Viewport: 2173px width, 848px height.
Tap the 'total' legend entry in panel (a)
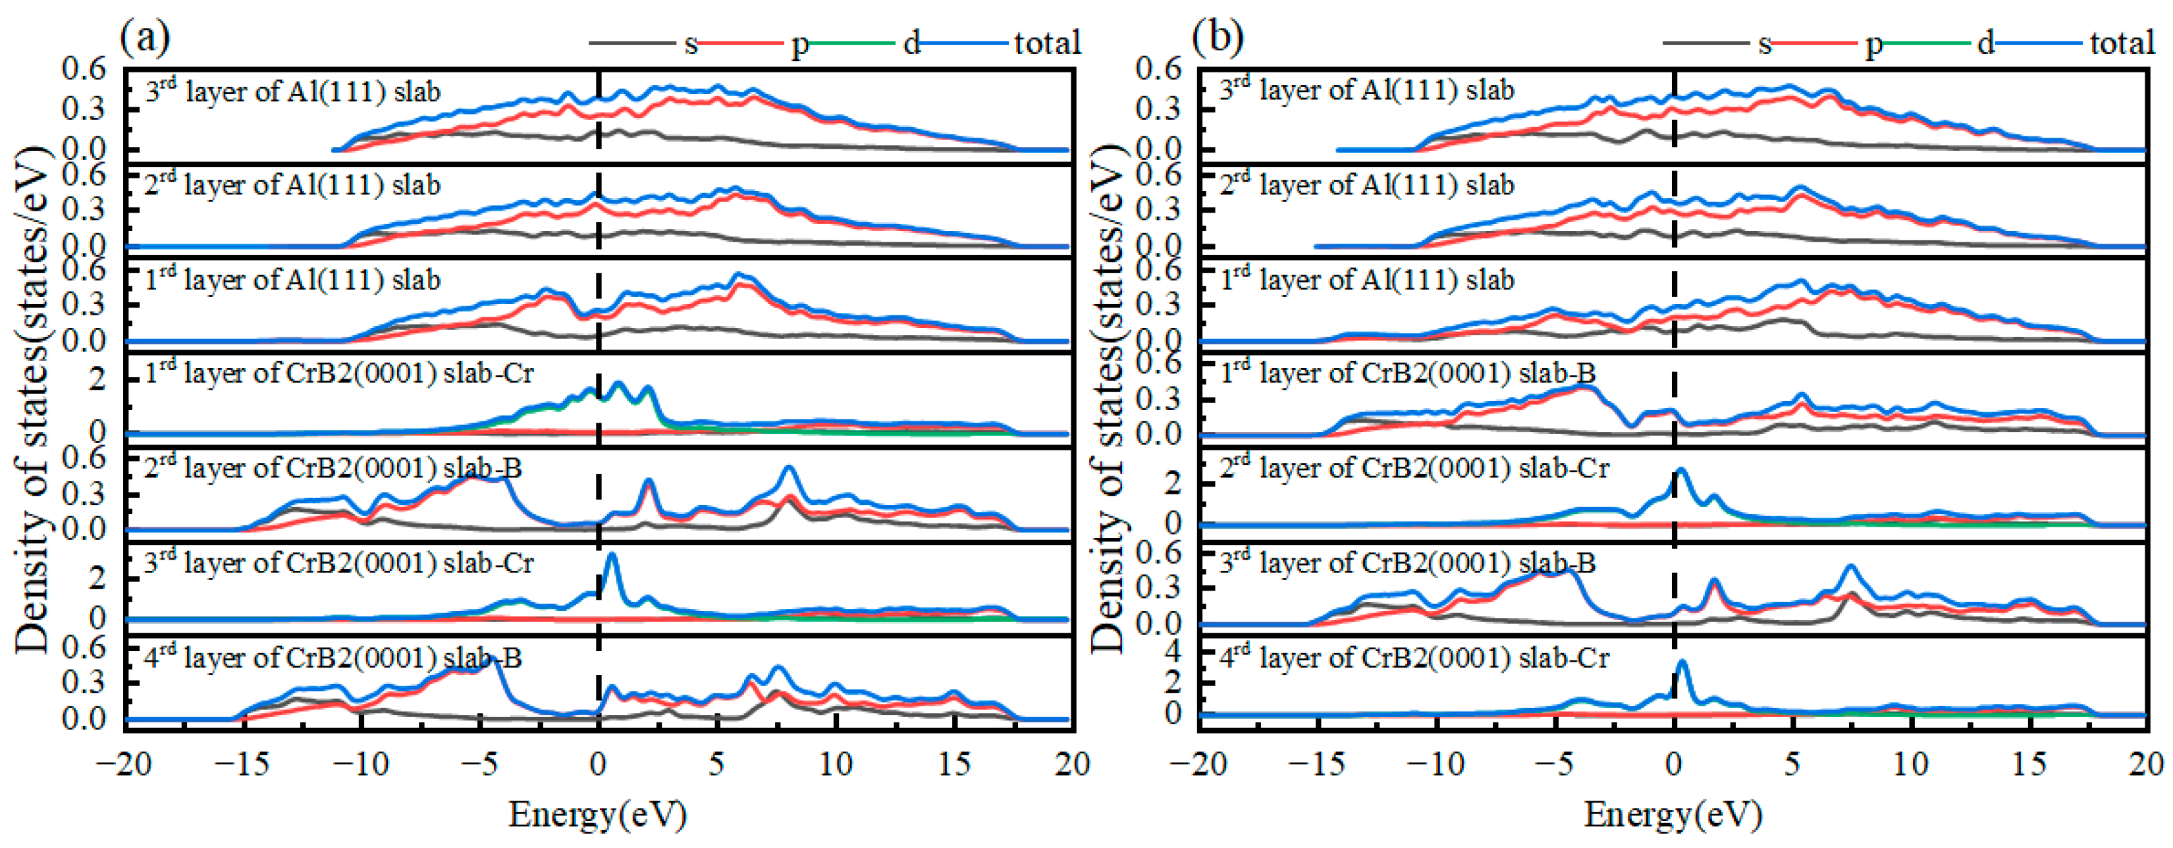(x=1047, y=43)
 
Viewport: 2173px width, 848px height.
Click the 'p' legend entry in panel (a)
(x=799, y=43)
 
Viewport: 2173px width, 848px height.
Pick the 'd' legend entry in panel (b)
(x=1986, y=43)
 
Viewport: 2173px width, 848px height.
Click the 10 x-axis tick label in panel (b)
(x=1911, y=764)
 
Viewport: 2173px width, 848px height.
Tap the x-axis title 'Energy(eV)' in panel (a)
(x=597, y=815)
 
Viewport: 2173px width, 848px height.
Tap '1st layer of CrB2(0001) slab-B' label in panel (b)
(x=1408, y=373)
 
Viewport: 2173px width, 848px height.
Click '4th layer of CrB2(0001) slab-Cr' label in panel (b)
(x=1414, y=657)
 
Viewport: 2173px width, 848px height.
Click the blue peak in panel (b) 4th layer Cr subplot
(x=1682, y=663)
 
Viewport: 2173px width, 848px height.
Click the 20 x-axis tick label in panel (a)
(x=1072, y=764)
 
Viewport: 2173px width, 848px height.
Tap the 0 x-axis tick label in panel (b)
(x=1674, y=764)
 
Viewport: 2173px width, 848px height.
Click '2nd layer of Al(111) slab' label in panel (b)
(x=1366, y=185)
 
